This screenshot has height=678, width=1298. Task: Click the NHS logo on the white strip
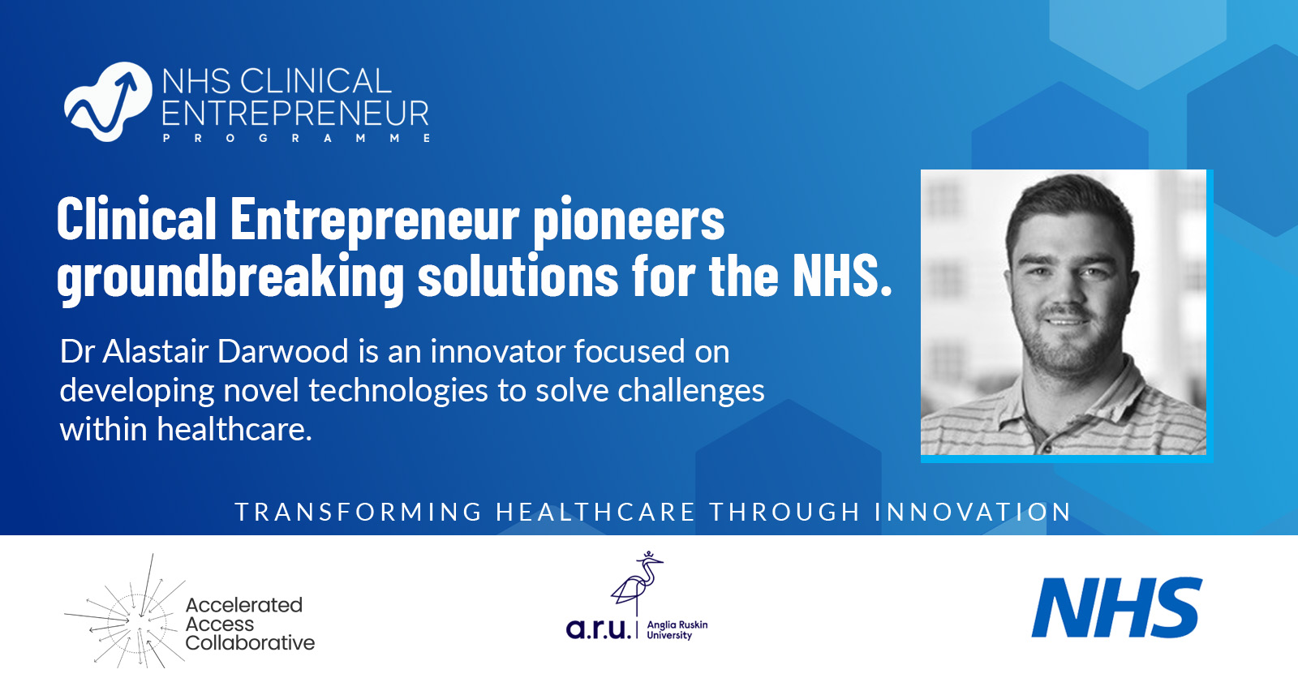click(x=1116, y=607)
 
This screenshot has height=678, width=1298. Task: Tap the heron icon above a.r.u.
click(x=638, y=581)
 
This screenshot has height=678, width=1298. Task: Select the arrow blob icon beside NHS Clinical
click(x=108, y=102)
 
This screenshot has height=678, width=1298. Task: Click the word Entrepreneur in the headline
click(x=375, y=220)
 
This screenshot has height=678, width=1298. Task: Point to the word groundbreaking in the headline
click(x=230, y=277)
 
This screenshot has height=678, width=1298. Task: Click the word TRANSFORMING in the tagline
click(x=359, y=513)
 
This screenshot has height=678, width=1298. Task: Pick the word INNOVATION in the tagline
click(x=973, y=513)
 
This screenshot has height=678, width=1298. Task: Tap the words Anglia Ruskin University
click(x=677, y=630)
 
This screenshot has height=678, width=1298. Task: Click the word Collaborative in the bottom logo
click(x=250, y=643)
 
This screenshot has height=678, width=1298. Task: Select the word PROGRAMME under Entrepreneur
click(x=296, y=139)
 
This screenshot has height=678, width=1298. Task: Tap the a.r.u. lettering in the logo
click(x=598, y=629)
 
